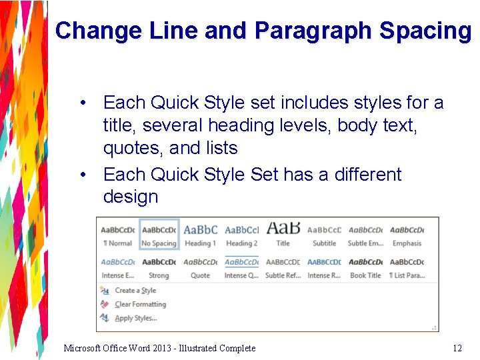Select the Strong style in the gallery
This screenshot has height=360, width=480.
pyautogui.click(x=159, y=267)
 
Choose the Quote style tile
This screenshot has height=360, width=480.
pyautogui.click(x=201, y=267)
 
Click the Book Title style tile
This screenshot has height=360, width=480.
pyautogui.click(x=365, y=267)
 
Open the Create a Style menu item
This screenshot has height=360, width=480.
pyautogui.click(x=135, y=291)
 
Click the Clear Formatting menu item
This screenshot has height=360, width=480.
pyautogui.click(x=140, y=305)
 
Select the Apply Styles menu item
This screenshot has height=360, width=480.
pyautogui.click(x=135, y=319)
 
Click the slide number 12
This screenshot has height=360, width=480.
pyautogui.click(x=457, y=348)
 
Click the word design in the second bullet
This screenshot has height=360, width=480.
pyautogui.click(x=131, y=197)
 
